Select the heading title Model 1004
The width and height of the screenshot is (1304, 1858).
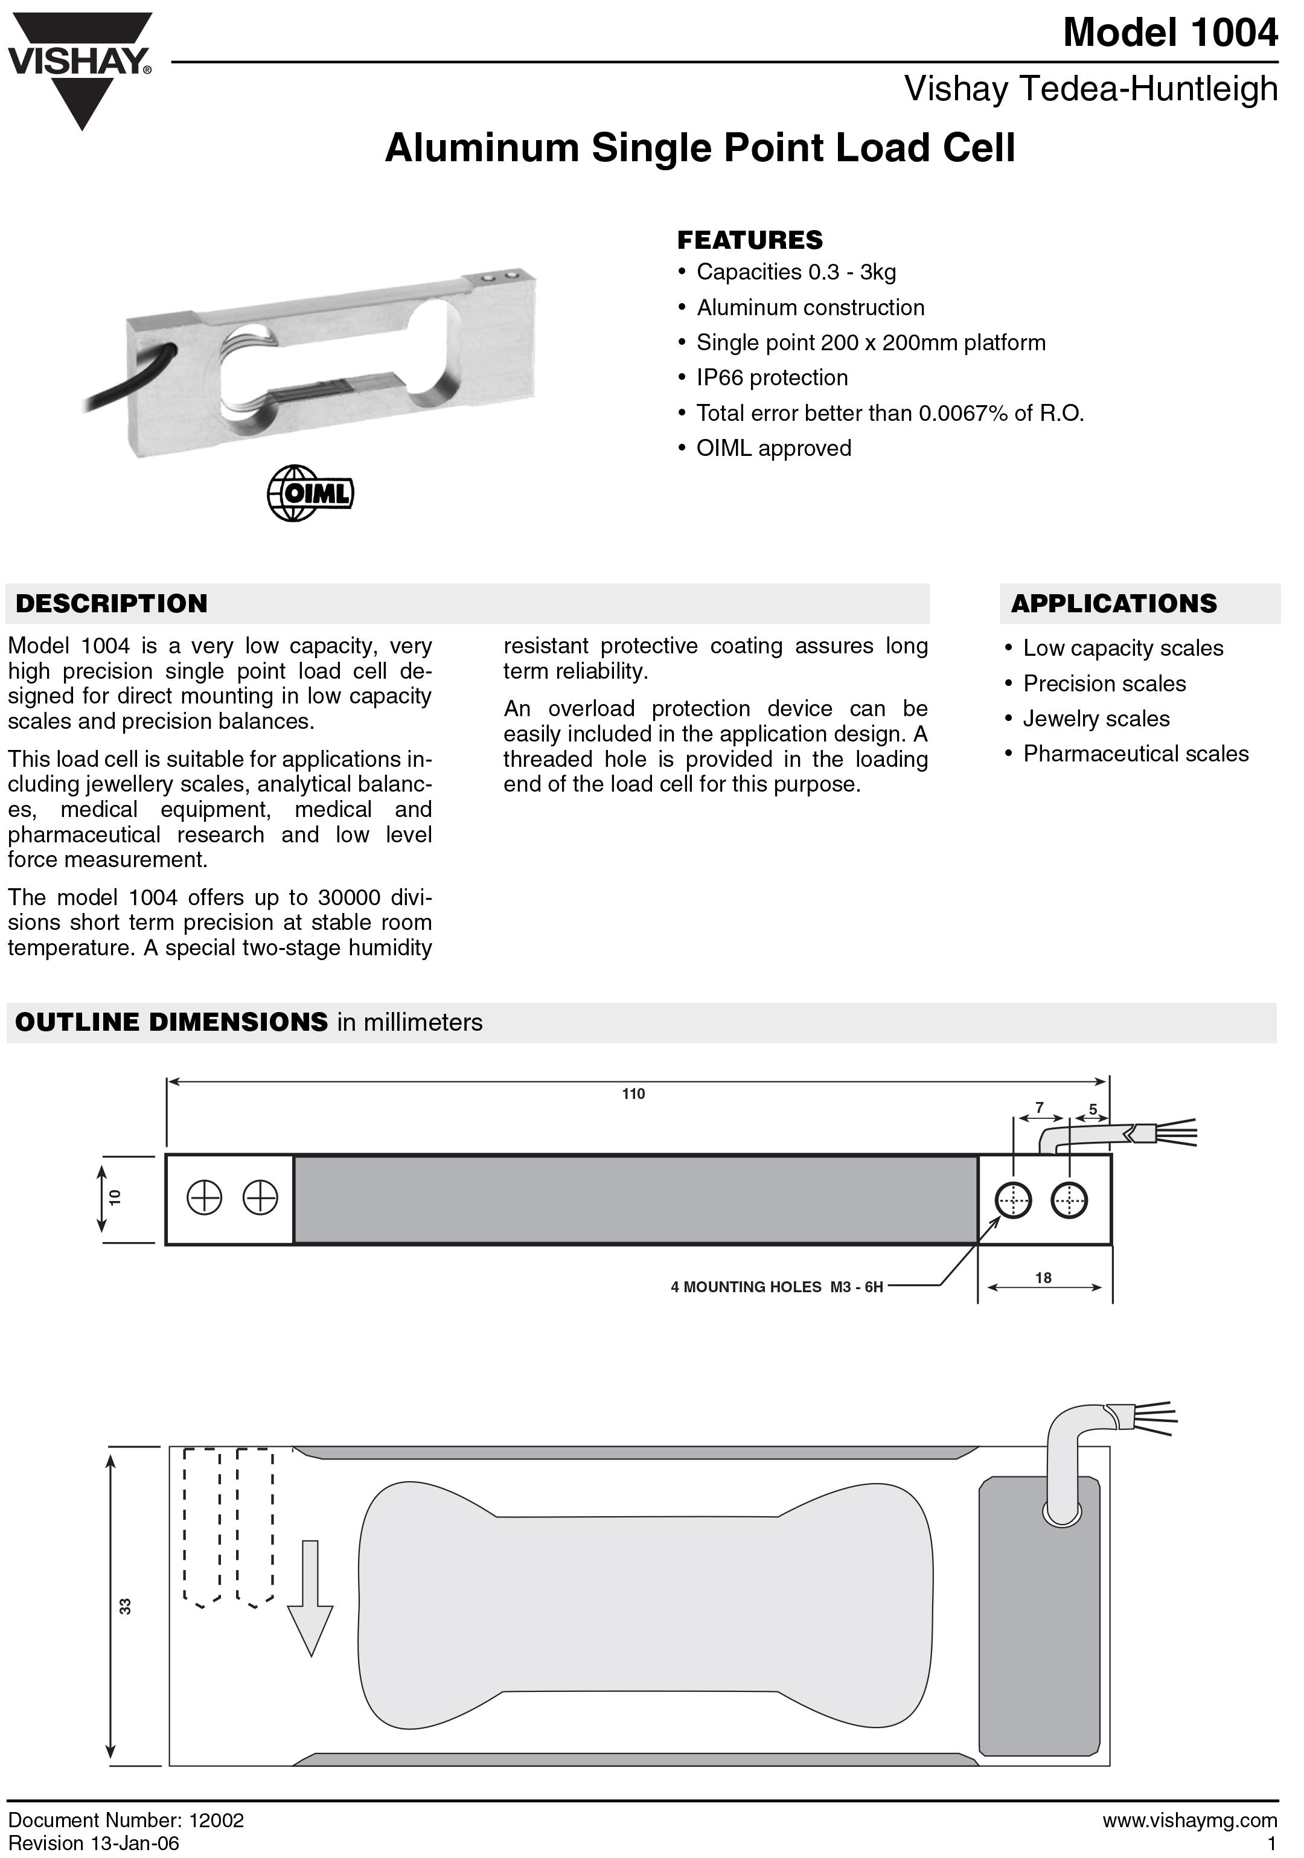pyautogui.click(x=1170, y=33)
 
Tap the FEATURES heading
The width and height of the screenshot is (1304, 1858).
pyautogui.click(x=750, y=240)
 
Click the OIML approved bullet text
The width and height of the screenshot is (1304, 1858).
pyautogui.click(x=773, y=448)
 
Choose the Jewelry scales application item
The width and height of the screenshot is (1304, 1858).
pyautogui.click(x=1096, y=719)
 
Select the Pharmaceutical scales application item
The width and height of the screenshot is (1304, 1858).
pyautogui.click(x=1136, y=754)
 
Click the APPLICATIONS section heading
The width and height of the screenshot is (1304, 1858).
pyautogui.click(x=1114, y=604)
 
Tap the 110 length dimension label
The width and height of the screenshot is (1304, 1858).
pyautogui.click(x=633, y=1094)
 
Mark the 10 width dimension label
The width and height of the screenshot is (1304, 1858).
pyautogui.click(x=115, y=1197)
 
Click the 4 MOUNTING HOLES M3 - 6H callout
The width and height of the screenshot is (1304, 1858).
pyautogui.click(x=776, y=1287)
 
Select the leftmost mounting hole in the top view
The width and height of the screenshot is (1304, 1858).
pyautogui.click(x=205, y=1197)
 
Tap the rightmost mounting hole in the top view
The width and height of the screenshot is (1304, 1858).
pyautogui.click(x=1069, y=1199)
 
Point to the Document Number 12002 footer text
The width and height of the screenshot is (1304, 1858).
pyautogui.click(x=126, y=1821)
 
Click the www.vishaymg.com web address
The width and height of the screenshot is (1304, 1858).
pyautogui.click(x=1189, y=1821)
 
